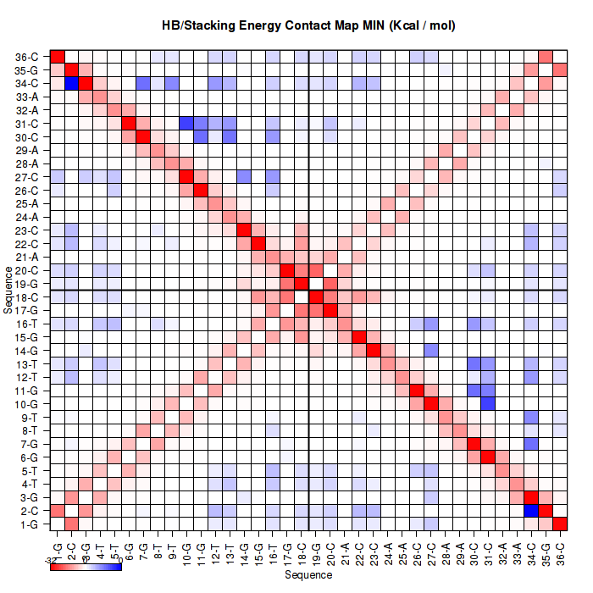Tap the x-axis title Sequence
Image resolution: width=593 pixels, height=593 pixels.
[308, 574]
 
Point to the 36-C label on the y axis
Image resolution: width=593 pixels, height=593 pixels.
[26, 57]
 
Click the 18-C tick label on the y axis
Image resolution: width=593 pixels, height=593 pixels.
[26, 297]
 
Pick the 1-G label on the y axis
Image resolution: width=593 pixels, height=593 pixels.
[27, 524]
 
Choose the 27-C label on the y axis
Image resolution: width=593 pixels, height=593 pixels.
[26, 177]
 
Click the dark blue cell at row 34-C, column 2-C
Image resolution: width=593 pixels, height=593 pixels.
[72, 83]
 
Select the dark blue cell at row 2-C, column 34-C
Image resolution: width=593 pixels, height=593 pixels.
[531, 511]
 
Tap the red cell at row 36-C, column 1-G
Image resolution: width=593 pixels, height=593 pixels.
[58, 57]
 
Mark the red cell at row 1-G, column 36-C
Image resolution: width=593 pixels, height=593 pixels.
[560, 524]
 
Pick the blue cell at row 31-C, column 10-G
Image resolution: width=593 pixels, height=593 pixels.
[186, 123]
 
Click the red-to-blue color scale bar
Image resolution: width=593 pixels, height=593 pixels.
[86, 567]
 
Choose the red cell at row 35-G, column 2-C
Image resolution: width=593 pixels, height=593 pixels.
[72, 69]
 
